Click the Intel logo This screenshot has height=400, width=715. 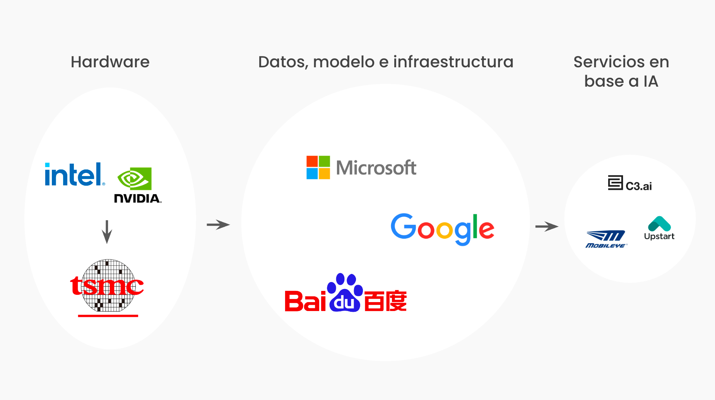(x=74, y=174)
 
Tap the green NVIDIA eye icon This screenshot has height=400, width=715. (x=134, y=178)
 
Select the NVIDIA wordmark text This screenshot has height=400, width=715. (x=137, y=198)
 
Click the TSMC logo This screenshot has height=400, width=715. (x=107, y=287)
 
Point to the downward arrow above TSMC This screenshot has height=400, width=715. (x=107, y=231)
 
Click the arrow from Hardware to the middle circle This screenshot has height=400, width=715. (x=218, y=224)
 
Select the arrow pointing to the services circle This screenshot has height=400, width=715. (x=546, y=226)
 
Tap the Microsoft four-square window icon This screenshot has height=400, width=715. (x=318, y=168)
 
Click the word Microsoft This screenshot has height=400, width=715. (x=376, y=168)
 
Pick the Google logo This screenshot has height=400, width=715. (x=442, y=228)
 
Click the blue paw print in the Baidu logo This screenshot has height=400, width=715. (x=345, y=292)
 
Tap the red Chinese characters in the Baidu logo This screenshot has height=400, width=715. (x=385, y=301)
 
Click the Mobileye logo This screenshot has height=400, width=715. (x=606, y=239)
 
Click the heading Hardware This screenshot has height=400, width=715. (x=110, y=62)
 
